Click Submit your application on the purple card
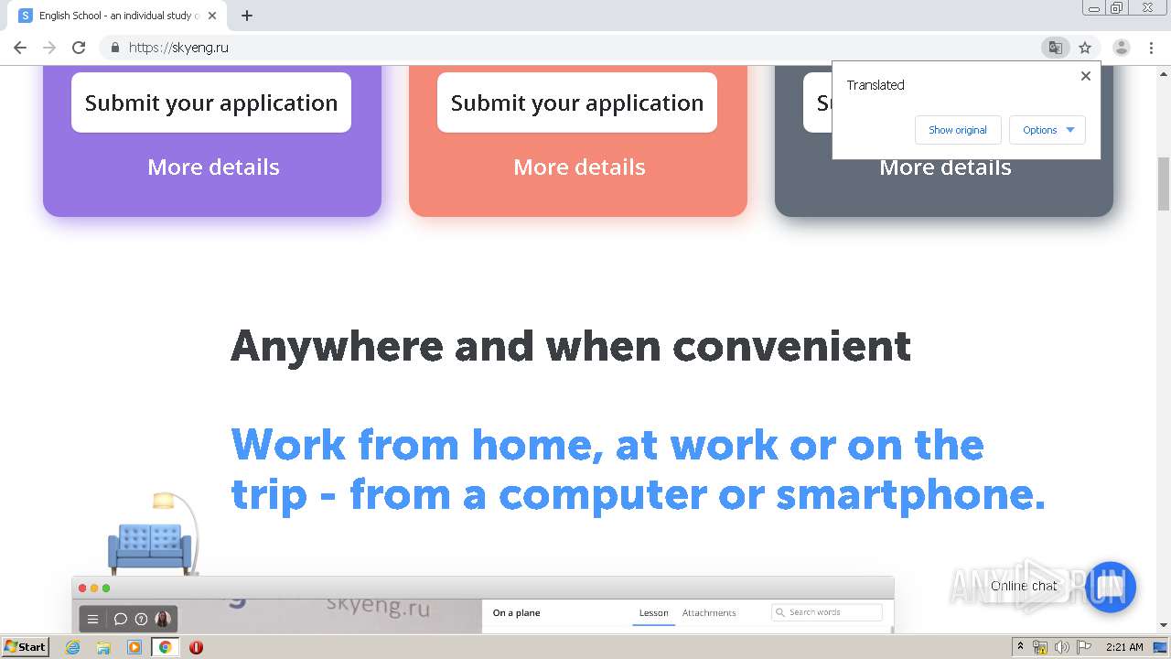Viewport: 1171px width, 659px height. tap(211, 103)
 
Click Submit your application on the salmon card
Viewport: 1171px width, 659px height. tap(577, 103)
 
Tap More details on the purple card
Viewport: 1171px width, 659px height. tap(213, 167)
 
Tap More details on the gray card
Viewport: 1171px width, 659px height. tap(945, 168)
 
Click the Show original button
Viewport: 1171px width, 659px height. tap(957, 130)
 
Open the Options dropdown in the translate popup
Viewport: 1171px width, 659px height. tap(1047, 130)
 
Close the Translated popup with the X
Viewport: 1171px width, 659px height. tap(1086, 76)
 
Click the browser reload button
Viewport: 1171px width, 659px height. tap(79, 48)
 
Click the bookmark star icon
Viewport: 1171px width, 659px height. tap(1085, 48)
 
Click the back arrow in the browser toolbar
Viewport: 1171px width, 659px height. tap(20, 48)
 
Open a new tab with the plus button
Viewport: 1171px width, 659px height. tap(247, 16)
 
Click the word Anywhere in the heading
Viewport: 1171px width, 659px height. tap(336, 347)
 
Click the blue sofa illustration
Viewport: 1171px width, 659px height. tap(149, 547)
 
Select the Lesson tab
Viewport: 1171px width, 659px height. tap(653, 613)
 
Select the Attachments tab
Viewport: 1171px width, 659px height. tap(709, 613)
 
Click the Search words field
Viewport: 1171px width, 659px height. tap(828, 612)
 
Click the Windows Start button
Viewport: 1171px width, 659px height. tap(25, 646)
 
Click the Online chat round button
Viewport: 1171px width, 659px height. tap(1111, 587)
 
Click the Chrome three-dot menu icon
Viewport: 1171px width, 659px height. tap(1151, 48)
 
